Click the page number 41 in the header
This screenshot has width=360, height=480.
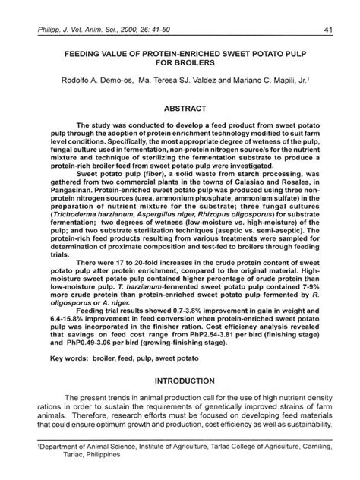(327, 30)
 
